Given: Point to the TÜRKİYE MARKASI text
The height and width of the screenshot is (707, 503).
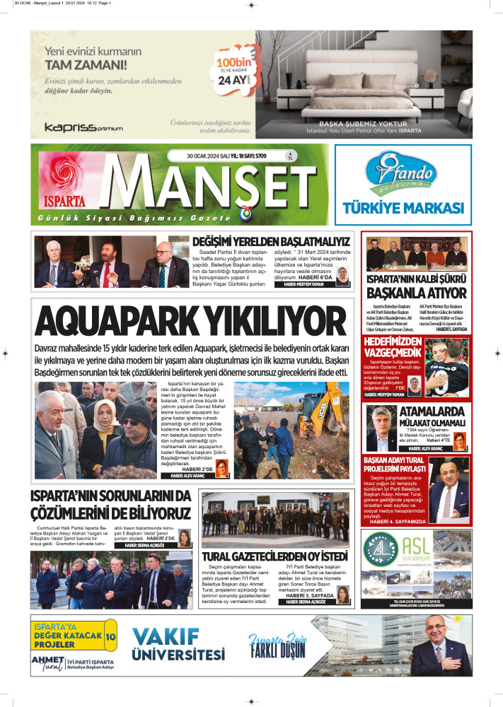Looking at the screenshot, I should pyautogui.click(x=403, y=208).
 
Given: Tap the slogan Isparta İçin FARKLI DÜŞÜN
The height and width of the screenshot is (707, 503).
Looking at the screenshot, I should pyautogui.click(x=277, y=644).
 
